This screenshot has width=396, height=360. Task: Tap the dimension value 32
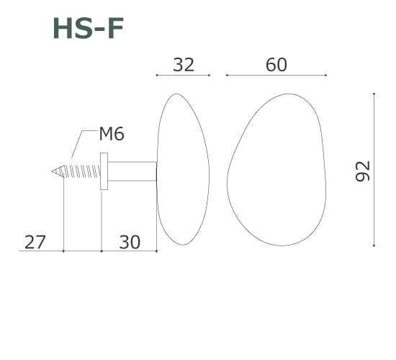click(184, 65)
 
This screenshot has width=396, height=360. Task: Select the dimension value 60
click(276, 65)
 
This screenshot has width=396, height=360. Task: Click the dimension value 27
click(35, 242)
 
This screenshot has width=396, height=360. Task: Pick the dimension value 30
click(129, 242)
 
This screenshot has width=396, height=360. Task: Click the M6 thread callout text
click(112, 135)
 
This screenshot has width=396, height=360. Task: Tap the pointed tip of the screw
click(53, 171)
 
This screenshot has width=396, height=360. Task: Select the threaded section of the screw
click(79, 171)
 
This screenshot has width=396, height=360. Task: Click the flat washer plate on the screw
click(104, 171)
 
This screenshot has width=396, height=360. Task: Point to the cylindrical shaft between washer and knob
click(132, 171)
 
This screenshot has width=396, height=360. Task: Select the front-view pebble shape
click(277, 169)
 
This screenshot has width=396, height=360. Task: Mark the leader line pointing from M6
click(84, 144)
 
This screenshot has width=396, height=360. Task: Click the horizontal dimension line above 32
click(183, 75)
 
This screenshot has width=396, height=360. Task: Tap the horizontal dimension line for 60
click(276, 75)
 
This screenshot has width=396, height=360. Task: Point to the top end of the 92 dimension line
click(374, 94)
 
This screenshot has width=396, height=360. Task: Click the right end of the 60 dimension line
click(325, 75)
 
